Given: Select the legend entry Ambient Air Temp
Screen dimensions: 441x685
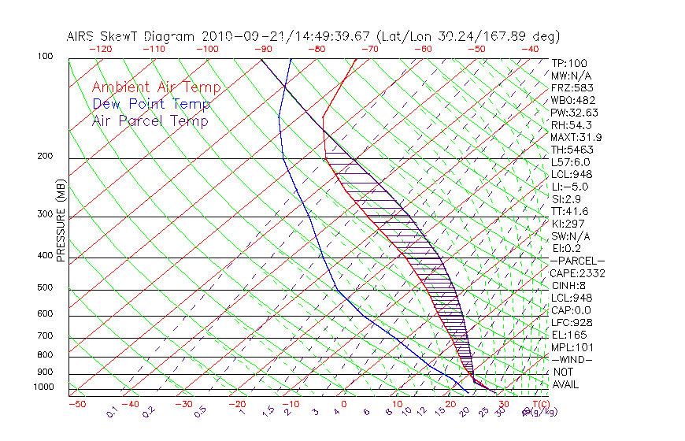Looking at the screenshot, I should click(x=156, y=87).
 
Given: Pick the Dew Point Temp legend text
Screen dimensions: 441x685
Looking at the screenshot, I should click(x=151, y=104).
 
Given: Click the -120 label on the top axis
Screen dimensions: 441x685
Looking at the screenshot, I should click(x=99, y=48).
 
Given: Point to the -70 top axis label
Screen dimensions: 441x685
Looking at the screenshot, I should click(x=368, y=48).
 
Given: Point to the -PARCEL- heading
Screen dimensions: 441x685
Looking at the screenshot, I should click(x=578, y=261).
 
